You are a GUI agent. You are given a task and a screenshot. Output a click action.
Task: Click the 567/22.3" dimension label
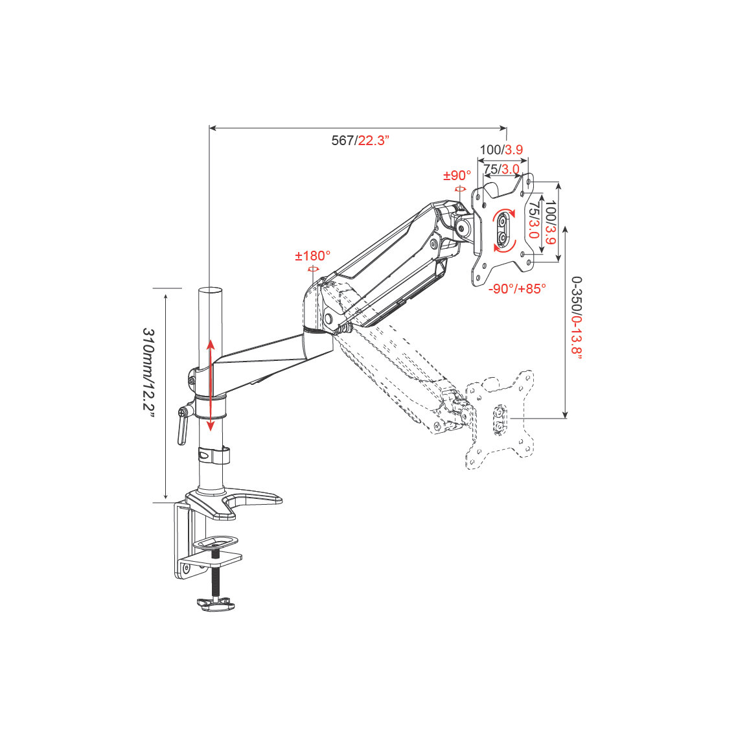(360, 141)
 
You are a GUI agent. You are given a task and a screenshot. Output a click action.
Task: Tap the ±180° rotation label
(312, 256)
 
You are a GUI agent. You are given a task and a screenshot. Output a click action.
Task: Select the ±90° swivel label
(457, 176)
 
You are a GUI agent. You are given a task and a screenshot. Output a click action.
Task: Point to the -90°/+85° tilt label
(517, 289)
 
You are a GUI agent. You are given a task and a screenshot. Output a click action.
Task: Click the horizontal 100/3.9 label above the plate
(501, 150)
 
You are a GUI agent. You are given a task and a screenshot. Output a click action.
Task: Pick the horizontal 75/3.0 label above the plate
(501, 169)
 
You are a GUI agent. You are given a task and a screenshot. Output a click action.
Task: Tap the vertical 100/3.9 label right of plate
(550, 223)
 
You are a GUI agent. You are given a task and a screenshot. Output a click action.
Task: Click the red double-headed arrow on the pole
(210, 386)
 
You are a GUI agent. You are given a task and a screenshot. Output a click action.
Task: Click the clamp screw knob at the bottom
(216, 605)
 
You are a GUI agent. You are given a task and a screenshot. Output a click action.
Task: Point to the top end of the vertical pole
(210, 290)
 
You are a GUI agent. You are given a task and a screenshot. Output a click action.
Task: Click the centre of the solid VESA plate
(504, 230)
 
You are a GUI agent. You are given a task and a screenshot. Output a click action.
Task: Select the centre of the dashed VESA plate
(499, 419)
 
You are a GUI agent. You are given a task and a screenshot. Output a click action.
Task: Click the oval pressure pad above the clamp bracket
(215, 542)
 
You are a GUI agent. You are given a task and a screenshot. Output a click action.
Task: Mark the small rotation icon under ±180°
(313, 270)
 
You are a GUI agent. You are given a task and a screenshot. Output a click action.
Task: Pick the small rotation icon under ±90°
(461, 189)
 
